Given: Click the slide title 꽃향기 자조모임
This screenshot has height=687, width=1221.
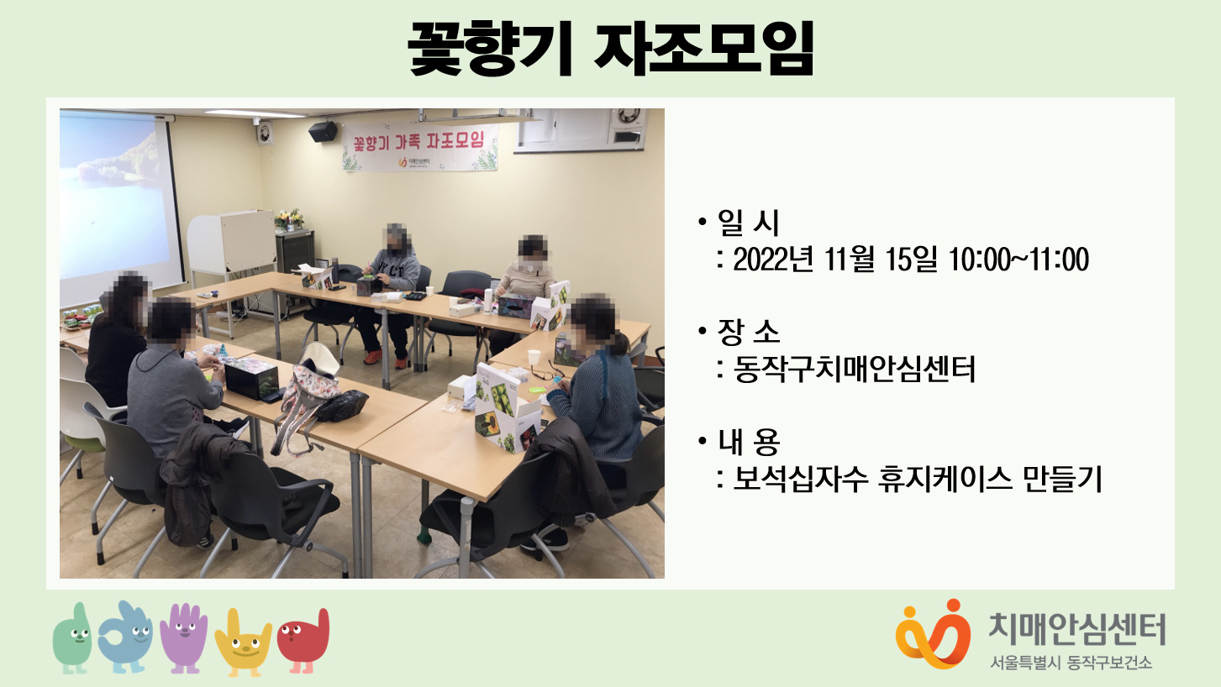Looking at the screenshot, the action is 610,48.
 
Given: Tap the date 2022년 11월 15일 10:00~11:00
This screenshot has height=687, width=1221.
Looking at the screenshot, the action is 910,260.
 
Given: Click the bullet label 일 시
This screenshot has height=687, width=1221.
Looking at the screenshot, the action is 749,223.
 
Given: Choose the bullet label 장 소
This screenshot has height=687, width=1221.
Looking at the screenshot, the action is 749,331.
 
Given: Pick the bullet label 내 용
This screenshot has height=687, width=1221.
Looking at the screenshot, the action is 749,441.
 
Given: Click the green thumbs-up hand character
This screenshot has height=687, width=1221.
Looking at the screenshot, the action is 72,638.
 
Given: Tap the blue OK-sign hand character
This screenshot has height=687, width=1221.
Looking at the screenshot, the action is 126,637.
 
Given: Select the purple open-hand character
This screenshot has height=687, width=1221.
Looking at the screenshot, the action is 184,637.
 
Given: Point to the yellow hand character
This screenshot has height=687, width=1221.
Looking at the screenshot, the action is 244,642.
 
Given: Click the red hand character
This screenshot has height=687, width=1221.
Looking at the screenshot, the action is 304,641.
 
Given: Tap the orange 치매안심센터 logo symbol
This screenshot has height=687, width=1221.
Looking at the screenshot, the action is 933,634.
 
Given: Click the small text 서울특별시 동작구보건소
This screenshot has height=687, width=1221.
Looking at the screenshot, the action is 1071,663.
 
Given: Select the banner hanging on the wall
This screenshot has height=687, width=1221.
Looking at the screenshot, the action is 420,146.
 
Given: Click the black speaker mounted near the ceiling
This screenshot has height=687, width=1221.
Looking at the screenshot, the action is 323,131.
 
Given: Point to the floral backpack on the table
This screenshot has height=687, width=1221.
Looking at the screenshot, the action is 308,399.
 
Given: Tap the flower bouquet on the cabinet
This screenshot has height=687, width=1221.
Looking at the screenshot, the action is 289,219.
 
